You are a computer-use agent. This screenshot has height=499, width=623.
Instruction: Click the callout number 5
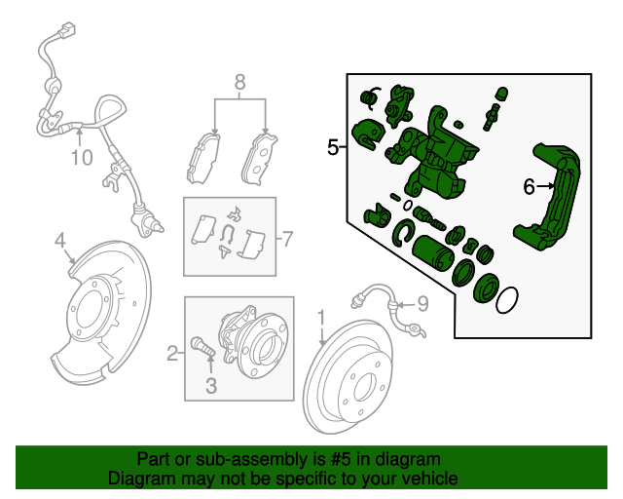[x=332, y=148]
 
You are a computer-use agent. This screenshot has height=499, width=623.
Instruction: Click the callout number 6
[x=530, y=186]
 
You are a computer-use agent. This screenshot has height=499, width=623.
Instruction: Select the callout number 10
[x=81, y=156]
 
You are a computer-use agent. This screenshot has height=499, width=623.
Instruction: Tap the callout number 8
[x=239, y=83]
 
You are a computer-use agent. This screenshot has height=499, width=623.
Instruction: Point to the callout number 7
[x=287, y=237]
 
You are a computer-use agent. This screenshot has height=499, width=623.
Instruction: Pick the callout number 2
[x=172, y=354]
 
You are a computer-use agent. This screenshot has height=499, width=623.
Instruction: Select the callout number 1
[x=320, y=316]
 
